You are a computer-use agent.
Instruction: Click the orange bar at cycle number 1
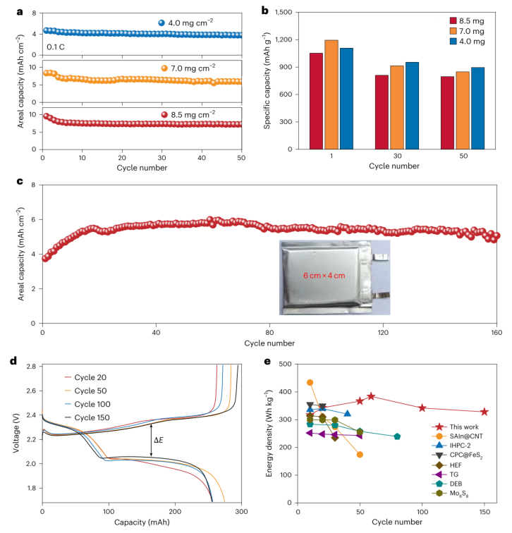pyautogui.click(x=331, y=94)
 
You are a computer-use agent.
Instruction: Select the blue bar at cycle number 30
pyautogui.click(x=412, y=106)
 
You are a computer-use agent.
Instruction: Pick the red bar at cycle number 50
pyautogui.click(x=447, y=113)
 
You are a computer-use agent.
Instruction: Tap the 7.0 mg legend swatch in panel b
pyautogui.click(x=453, y=31)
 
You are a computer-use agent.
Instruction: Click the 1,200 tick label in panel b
pyautogui.click(x=284, y=39)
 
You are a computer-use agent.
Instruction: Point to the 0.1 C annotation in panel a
pyautogui.click(x=56, y=47)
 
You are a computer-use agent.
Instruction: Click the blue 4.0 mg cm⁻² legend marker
pyautogui.click(x=161, y=23)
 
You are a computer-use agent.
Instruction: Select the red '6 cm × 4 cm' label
pyautogui.click(x=324, y=276)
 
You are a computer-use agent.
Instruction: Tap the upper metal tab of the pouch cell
pyautogui.click(x=381, y=257)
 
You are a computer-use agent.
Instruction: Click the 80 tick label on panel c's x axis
pyautogui.click(x=269, y=333)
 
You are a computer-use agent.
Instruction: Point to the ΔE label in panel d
pyautogui.click(x=159, y=440)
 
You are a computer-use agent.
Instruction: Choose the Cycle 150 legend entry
pyautogui.click(x=87, y=417)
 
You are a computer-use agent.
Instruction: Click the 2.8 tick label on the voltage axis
pyautogui.click(x=31, y=367)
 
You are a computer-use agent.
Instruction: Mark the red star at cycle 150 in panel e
pyautogui.click(x=484, y=412)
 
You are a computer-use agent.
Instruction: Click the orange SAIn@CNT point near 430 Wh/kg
pyautogui.click(x=310, y=383)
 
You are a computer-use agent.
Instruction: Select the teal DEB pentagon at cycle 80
pyautogui.click(x=397, y=436)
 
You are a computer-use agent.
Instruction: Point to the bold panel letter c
pyautogui.click(x=20, y=181)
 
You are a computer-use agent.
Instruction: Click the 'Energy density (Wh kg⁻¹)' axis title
pyautogui.click(x=269, y=434)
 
